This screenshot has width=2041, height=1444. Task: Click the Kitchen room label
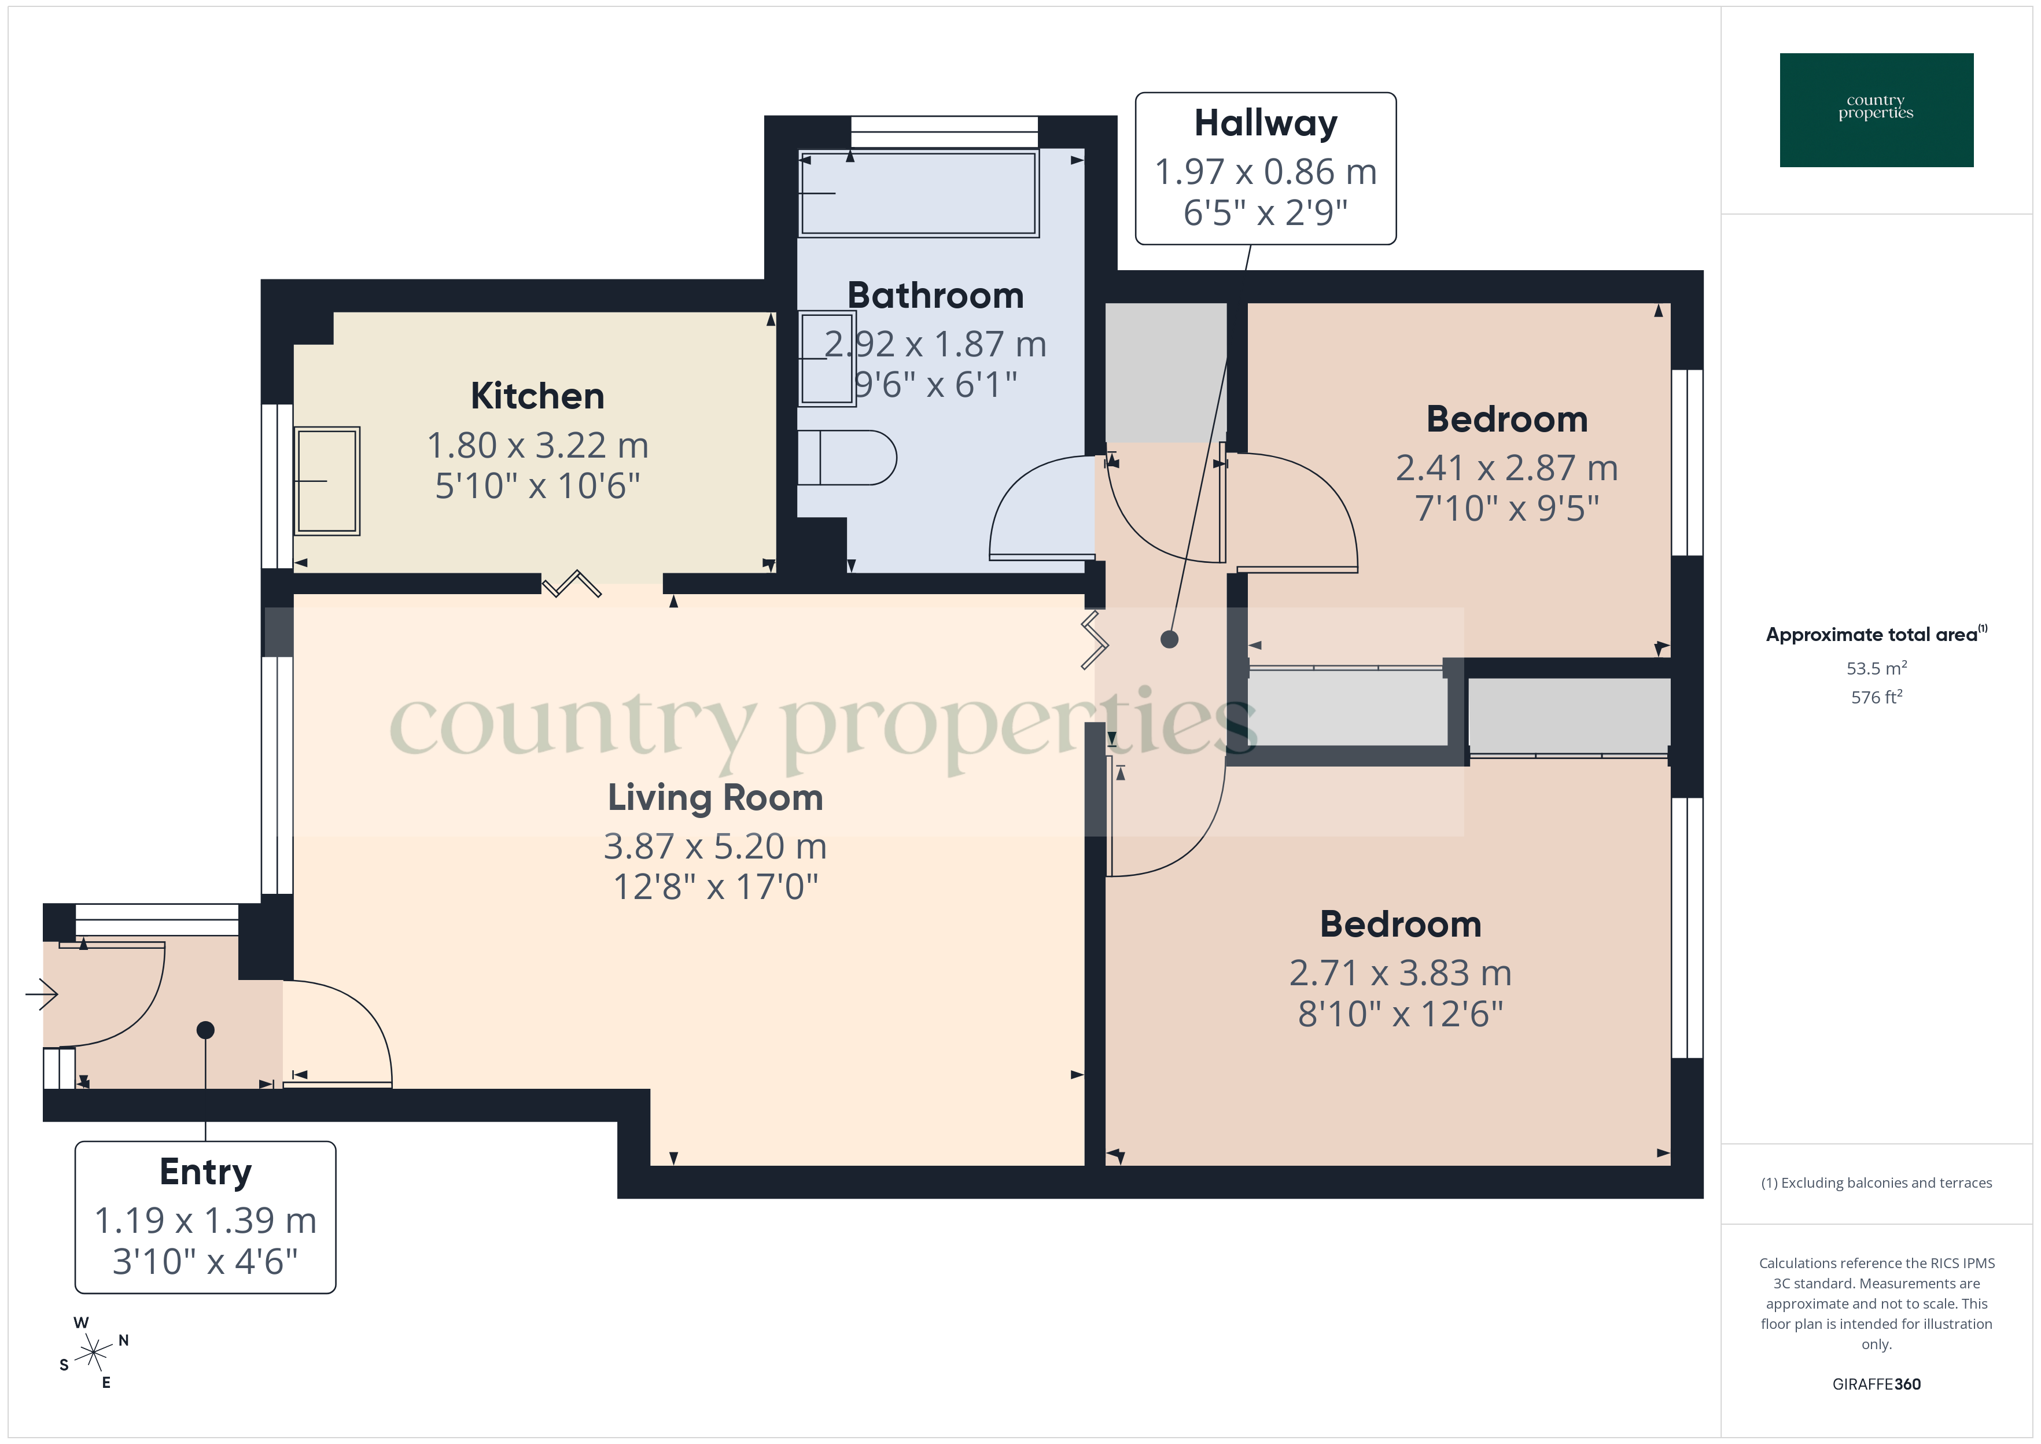tap(537, 396)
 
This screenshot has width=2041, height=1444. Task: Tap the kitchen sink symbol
tap(327, 481)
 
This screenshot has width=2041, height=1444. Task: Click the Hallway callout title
tap(1265, 123)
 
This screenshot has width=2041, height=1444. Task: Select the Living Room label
tap(714, 798)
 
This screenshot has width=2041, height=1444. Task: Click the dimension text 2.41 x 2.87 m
tap(1506, 467)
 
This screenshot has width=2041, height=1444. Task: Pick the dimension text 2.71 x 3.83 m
tap(1400, 973)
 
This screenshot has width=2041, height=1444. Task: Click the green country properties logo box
tap(1876, 110)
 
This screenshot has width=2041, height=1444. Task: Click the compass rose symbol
tap(93, 1353)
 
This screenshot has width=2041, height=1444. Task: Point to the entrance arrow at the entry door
tap(42, 993)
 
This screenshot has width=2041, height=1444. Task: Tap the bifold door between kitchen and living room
tap(572, 584)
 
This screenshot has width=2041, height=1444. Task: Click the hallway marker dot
tap(1169, 639)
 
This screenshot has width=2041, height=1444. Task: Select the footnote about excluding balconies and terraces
tap(1876, 1183)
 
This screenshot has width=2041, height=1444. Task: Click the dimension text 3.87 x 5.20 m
tap(714, 846)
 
